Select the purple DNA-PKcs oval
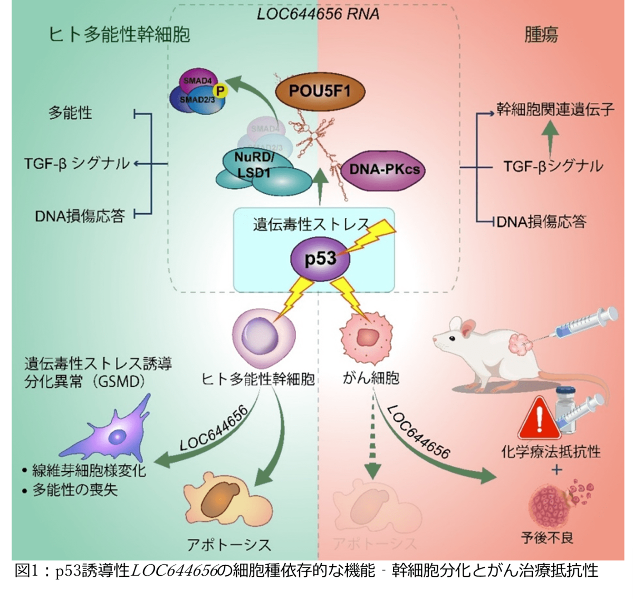[x=384, y=169]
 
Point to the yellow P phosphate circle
[x=220, y=91]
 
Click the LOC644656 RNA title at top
[x=318, y=14]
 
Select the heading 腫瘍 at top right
[x=541, y=35]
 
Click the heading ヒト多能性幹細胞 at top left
[x=119, y=35]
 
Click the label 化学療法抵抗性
[x=551, y=452]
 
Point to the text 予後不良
[x=547, y=538]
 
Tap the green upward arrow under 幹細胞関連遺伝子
[x=550, y=135]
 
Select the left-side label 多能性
[x=70, y=113]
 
